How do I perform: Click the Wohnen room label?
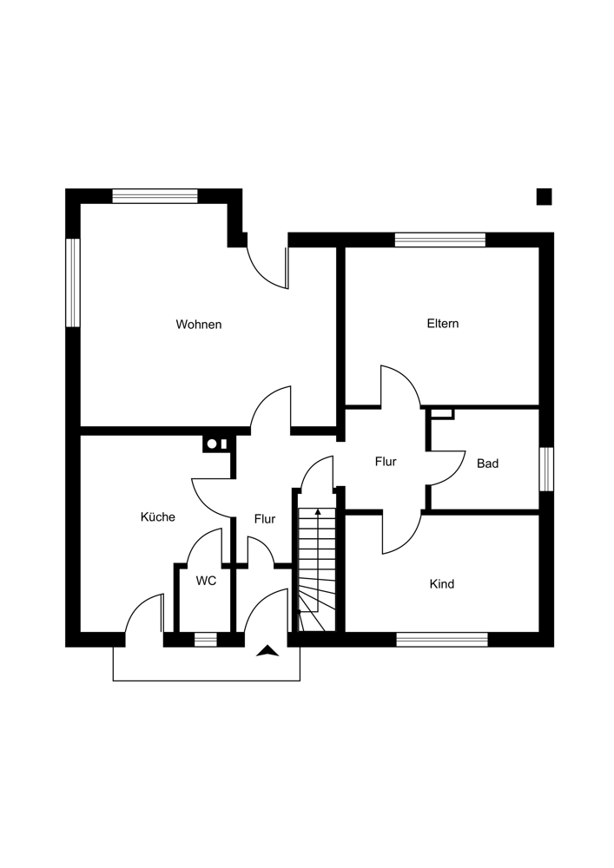pos(199,325)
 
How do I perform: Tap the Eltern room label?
pos(442,324)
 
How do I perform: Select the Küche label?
pos(158,517)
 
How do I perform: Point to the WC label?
pos(206,581)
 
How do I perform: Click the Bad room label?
pos(487,464)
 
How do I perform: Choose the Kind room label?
pos(442,584)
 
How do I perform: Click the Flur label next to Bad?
pos(386,462)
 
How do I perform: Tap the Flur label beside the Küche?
pos(265,519)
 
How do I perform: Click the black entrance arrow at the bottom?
pos(268,650)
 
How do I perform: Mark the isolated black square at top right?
pos(544,197)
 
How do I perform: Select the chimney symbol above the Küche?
pos(217,444)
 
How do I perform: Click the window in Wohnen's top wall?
pos(155,195)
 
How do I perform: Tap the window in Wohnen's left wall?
pos(73,283)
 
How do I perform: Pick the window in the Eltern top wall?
pos(439,240)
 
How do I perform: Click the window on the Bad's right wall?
pos(546,469)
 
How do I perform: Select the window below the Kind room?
pos(442,640)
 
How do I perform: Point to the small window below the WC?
pos(205,640)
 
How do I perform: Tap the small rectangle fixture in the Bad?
pos(442,413)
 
